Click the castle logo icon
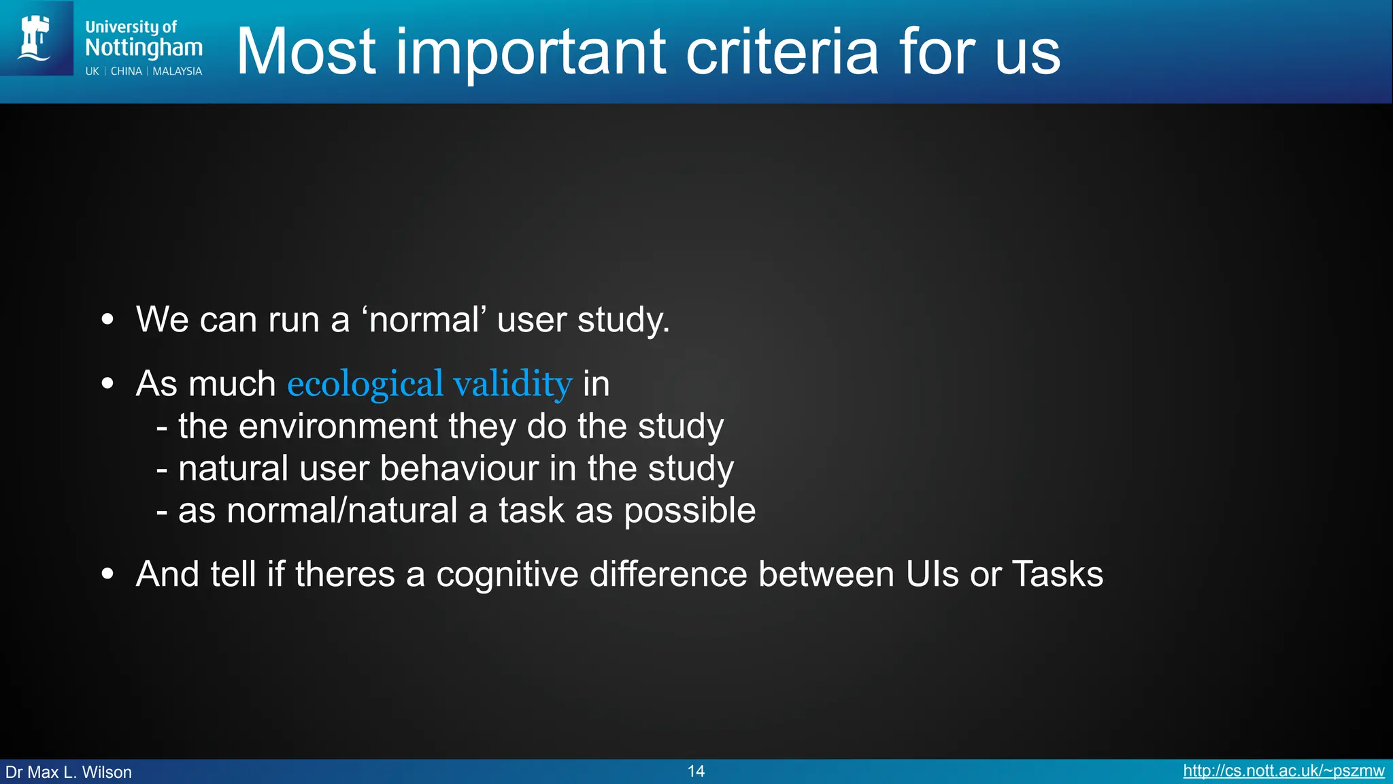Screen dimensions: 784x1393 click(x=36, y=38)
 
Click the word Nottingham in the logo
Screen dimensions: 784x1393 click(x=144, y=48)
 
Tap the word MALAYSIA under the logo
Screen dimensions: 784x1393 click(x=177, y=71)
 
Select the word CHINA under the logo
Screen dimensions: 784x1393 click(x=127, y=71)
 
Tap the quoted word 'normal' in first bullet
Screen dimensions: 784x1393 click(x=424, y=319)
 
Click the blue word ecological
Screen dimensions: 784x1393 click(x=365, y=384)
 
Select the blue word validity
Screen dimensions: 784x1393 click(x=512, y=384)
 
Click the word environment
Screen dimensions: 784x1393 click(x=338, y=427)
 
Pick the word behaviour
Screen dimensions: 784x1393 click(x=458, y=468)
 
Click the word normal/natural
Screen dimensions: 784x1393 click(x=342, y=510)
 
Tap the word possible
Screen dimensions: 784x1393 click(x=690, y=511)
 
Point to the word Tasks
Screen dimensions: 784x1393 click(x=1058, y=574)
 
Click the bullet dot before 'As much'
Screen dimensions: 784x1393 click(x=107, y=384)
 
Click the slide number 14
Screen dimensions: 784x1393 click(x=696, y=771)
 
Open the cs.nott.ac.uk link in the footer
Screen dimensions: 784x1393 click(x=1283, y=771)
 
